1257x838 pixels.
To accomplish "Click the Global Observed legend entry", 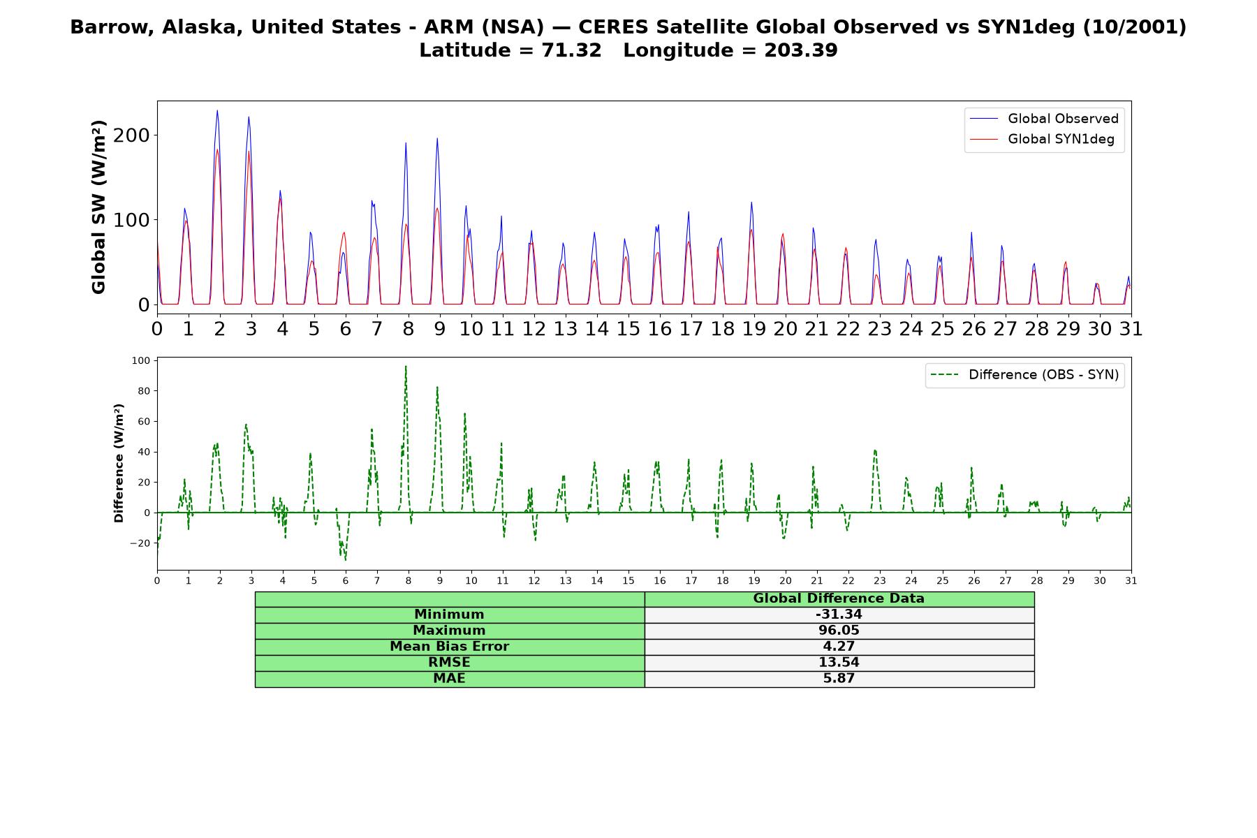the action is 1044,119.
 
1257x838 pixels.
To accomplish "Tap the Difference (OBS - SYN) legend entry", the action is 1024,375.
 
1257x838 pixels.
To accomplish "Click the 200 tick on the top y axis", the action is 131,135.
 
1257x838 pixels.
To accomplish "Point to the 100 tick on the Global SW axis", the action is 131,220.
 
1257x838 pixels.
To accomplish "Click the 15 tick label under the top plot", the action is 628,329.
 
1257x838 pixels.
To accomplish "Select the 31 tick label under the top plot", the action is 1131,329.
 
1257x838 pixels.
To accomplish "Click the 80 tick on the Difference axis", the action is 145,391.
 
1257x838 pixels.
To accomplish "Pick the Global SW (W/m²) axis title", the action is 99,207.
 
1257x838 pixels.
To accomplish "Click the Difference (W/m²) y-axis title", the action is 119,463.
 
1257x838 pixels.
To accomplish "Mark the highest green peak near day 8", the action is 406,366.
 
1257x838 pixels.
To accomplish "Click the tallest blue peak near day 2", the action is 217,110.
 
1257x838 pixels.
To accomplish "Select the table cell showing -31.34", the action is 839,615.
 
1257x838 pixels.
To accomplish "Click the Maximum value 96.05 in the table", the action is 839,631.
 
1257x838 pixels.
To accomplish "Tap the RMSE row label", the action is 449,663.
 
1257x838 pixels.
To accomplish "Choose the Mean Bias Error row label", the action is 449,647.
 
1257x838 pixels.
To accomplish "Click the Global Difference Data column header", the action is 839,598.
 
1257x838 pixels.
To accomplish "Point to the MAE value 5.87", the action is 839,679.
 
